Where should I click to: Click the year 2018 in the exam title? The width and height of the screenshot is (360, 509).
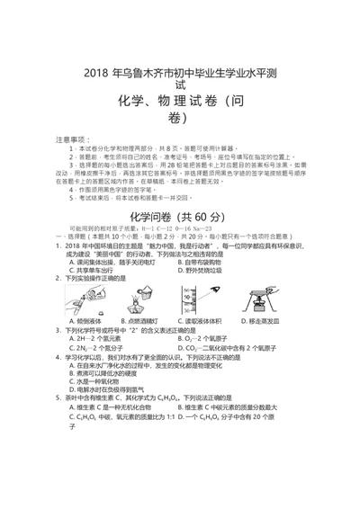[95, 71]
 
